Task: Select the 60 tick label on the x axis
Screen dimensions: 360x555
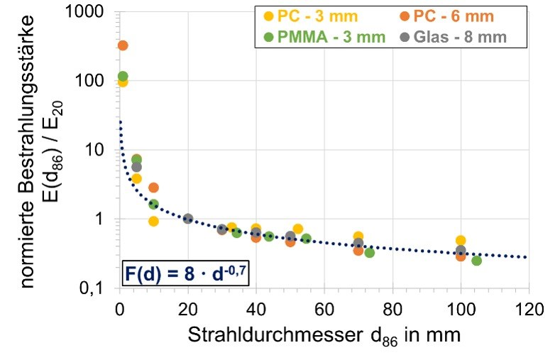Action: tap(324, 309)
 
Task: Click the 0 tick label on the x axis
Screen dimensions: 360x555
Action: tap(120, 309)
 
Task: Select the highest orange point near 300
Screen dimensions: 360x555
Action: tap(123, 45)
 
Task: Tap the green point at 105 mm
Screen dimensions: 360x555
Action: tap(477, 261)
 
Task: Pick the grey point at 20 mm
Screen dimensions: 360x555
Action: tap(188, 219)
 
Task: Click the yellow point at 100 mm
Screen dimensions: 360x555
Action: tap(461, 240)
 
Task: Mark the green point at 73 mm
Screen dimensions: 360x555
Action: tap(369, 253)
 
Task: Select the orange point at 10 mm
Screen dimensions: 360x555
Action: tap(153, 187)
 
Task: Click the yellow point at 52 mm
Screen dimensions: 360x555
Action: tap(298, 229)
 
